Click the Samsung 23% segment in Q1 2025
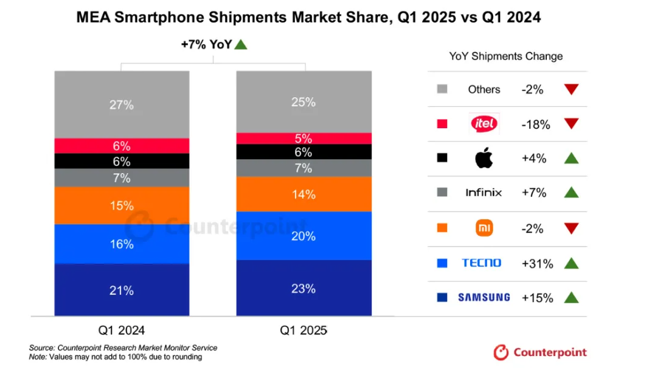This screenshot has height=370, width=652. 303,288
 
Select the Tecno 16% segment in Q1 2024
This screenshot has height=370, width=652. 121,244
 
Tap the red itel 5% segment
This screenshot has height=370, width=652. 303,139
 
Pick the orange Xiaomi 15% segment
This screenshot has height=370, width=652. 121,205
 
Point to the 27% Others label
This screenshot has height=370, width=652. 121,105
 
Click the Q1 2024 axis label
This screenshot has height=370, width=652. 121,331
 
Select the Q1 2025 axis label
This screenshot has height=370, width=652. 303,331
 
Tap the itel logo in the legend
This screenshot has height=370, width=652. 484,124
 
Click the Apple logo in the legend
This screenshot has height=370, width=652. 484,159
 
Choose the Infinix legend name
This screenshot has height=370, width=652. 484,193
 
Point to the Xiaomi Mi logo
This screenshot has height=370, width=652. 484,228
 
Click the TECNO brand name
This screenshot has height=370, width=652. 482,263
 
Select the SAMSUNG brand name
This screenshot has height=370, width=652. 484,298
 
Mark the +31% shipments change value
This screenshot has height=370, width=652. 537,264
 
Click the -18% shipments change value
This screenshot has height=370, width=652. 536,125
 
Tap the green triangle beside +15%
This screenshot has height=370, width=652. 570,298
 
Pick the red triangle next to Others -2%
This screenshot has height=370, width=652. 570,89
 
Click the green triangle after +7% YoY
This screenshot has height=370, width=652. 241,44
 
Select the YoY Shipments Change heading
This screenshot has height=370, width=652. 506,57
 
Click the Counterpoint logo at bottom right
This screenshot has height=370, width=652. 540,352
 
